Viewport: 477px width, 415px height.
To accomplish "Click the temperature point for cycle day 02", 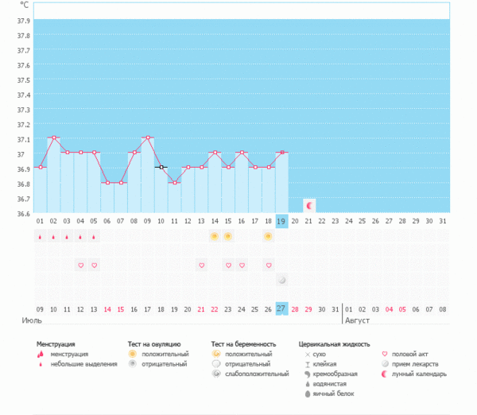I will [53, 138].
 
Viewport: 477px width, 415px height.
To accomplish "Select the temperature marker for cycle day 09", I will [148, 138].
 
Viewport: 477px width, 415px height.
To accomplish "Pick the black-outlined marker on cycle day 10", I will [161, 167].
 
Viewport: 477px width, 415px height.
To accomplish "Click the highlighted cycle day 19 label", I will [281, 221].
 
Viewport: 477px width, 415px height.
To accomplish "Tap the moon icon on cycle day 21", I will [309, 205].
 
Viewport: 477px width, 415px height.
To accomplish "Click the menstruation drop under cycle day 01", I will [40, 236].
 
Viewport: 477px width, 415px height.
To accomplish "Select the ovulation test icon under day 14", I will [214, 236].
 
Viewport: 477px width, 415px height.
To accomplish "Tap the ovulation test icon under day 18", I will [268, 236].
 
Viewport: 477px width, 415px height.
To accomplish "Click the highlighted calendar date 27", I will [281, 308].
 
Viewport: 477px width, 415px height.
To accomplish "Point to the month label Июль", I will [31, 321].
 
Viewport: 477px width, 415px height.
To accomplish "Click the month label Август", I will [358, 321].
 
